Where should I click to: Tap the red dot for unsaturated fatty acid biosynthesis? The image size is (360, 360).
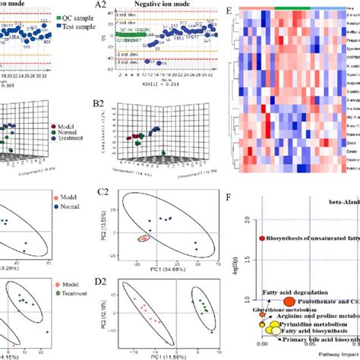click(263, 238)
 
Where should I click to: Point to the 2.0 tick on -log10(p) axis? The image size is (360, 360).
click(245, 219)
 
